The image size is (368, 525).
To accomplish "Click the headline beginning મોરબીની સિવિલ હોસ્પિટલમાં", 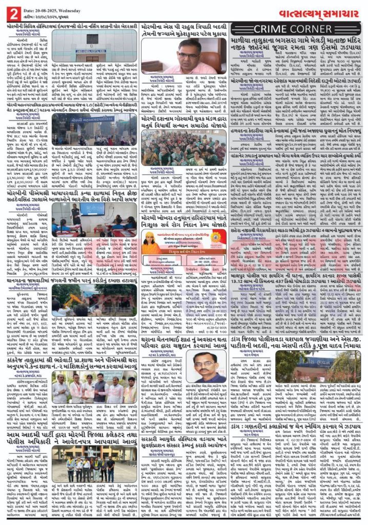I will coord(71,25).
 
